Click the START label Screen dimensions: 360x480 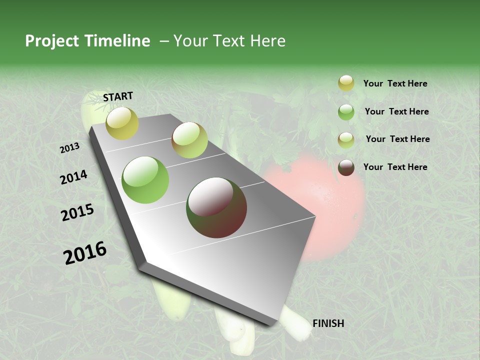(x=118, y=96)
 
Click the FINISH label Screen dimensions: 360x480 (x=328, y=323)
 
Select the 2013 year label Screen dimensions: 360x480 (x=69, y=148)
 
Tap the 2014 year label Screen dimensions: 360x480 (x=73, y=177)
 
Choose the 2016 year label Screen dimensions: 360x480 (x=85, y=253)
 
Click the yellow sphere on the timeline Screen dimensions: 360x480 (x=122, y=123)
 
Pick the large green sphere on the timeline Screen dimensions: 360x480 (x=145, y=180)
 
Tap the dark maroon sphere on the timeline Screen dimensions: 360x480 (x=216, y=207)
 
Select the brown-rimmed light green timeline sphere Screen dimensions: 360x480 (x=189, y=140)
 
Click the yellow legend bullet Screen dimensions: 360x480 (x=346, y=83)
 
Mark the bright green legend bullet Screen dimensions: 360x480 (x=346, y=112)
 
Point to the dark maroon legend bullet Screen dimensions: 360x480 (x=346, y=167)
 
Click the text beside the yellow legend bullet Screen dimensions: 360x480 (x=395, y=84)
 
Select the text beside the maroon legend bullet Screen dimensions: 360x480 (x=395, y=167)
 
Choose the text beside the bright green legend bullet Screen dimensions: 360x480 (x=396, y=111)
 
